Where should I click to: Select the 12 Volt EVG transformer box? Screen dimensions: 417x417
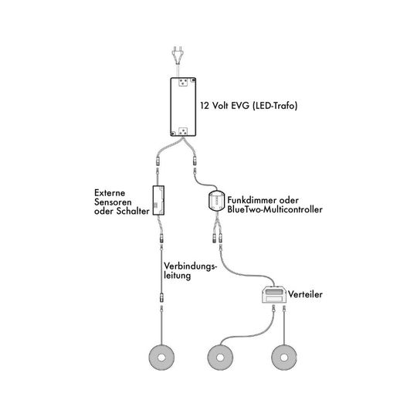(x=183, y=107)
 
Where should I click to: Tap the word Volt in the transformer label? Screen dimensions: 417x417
(x=220, y=106)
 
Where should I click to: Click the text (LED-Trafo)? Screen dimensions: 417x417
(x=274, y=106)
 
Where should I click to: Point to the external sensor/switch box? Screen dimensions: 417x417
(x=158, y=200)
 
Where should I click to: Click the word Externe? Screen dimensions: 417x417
(x=110, y=193)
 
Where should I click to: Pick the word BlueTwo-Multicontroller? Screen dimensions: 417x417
(x=275, y=209)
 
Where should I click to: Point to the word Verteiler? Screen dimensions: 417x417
(x=305, y=294)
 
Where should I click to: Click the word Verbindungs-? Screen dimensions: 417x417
(x=191, y=266)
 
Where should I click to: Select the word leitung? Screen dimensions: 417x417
(x=177, y=276)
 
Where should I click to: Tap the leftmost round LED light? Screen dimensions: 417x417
(x=161, y=358)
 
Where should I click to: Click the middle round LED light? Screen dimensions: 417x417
(x=220, y=358)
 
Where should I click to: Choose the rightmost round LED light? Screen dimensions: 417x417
(x=283, y=358)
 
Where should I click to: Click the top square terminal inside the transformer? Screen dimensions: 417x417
(x=183, y=83)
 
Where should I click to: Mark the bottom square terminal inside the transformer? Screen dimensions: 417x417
(x=183, y=131)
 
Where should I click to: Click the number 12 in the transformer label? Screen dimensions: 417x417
(x=205, y=106)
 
